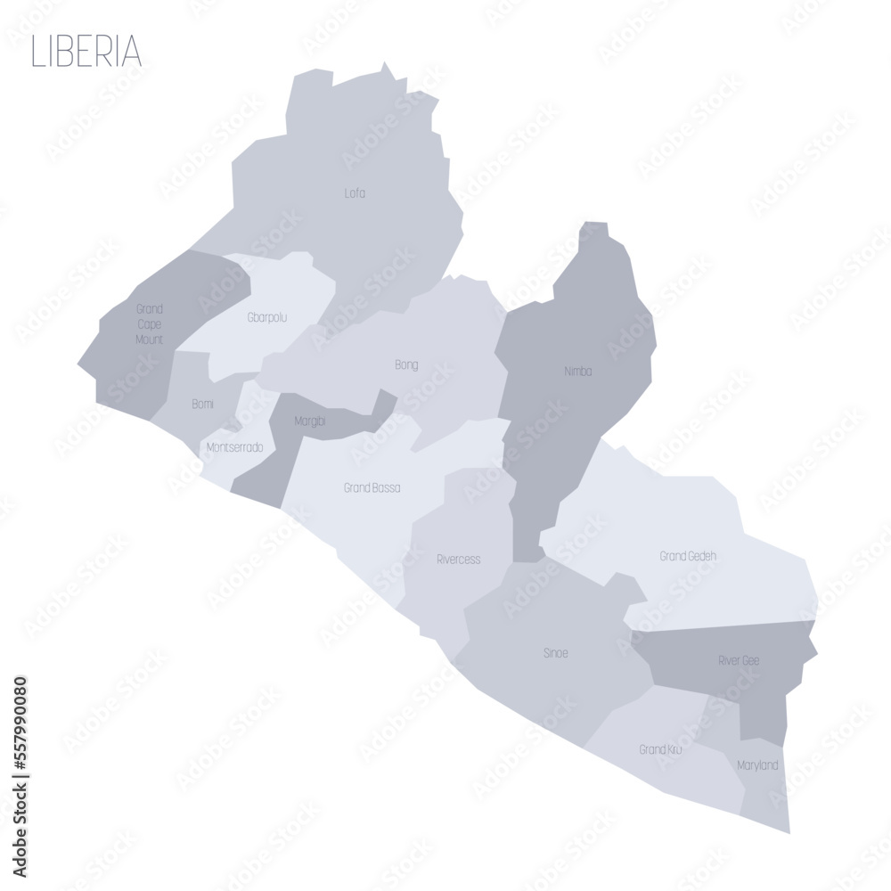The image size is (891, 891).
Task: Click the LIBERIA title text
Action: [86, 52]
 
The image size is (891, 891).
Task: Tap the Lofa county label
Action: [355, 192]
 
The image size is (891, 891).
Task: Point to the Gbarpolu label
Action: [266, 317]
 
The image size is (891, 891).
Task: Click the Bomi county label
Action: [202, 405]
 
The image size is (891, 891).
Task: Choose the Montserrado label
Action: [234, 447]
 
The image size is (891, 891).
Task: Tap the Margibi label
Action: [310, 421]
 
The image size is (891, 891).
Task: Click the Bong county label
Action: [406, 364]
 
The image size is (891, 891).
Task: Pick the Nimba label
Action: [577, 371]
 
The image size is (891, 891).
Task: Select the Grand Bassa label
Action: [372, 488]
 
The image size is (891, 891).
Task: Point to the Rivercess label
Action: [458, 560]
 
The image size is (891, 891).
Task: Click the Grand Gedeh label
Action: [688, 556]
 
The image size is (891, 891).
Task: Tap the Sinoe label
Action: [555, 653]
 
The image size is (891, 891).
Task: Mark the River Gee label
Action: [739, 660]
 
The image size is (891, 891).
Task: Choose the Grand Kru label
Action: [660, 749]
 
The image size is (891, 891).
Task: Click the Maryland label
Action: [757, 765]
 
